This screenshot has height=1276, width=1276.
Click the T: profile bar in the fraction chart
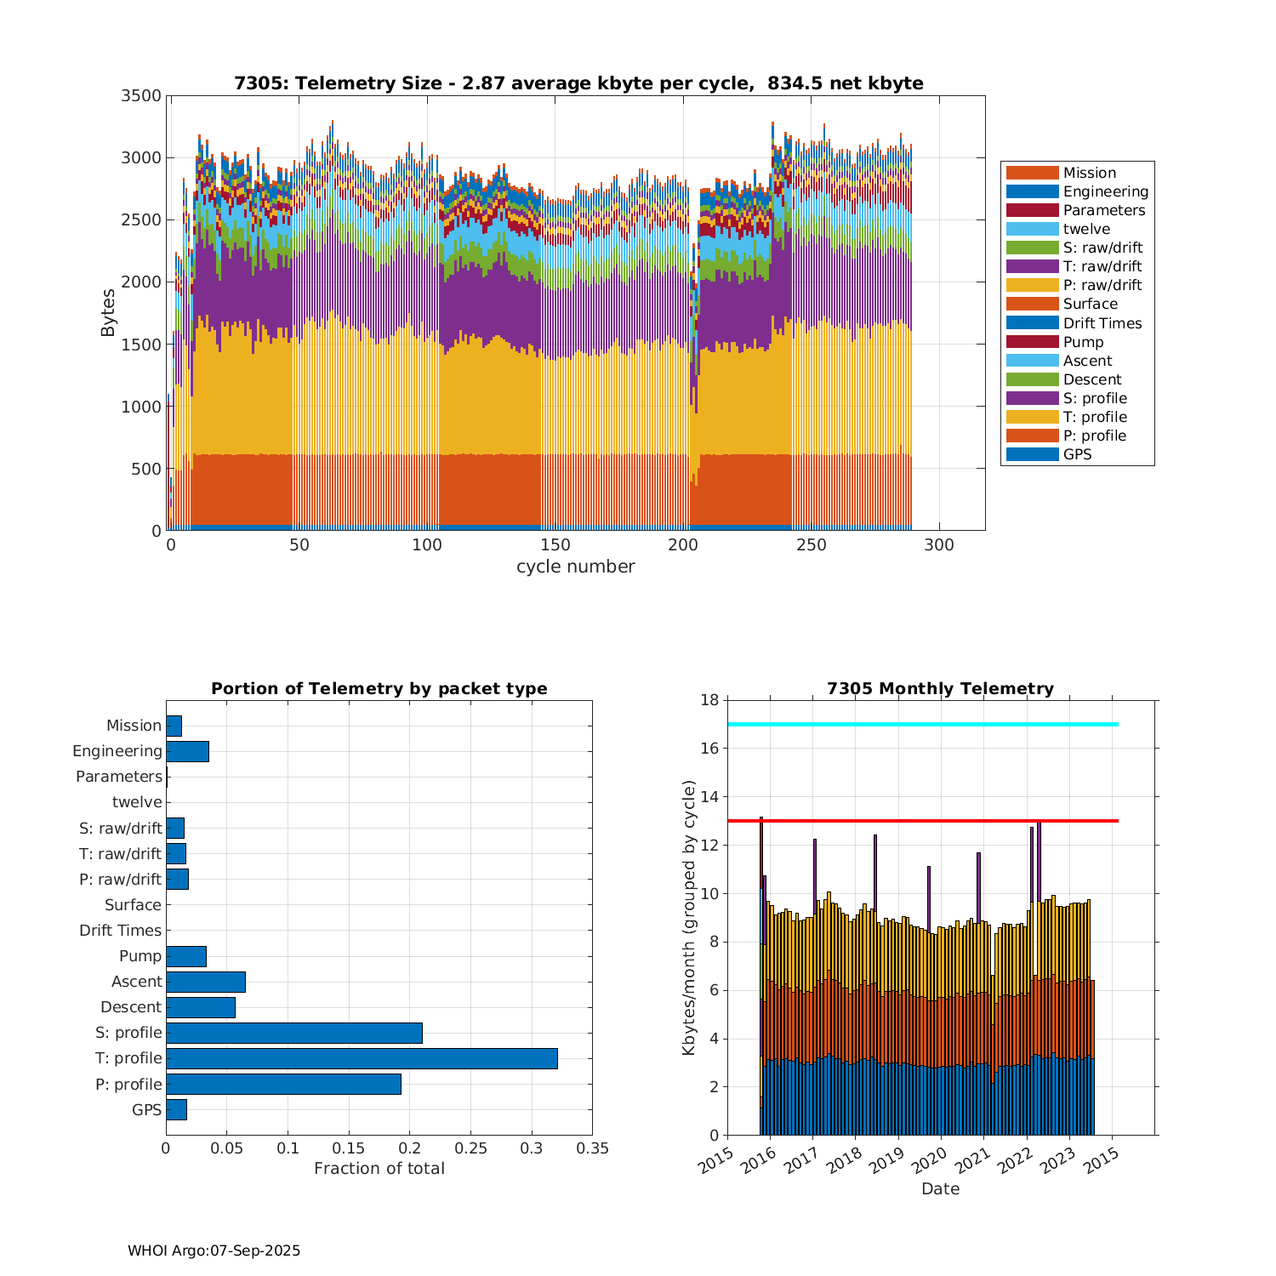coord(362,1058)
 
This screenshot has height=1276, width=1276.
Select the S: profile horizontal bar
coord(294,1033)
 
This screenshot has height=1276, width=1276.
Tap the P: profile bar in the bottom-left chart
coord(283,1084)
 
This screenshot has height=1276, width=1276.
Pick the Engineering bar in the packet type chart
coord(187,751)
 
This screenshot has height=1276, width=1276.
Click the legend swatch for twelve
coord(1032,229)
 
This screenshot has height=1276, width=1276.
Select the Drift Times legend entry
coord(1102,323)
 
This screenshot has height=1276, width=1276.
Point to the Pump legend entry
coord(1083,342)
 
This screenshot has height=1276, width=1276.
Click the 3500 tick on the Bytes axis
coord(141,95)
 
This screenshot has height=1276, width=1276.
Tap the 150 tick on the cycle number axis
coord(555,544)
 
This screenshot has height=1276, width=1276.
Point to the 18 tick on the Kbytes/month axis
coord(709,700)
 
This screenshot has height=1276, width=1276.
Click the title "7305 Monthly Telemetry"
coord(940,688)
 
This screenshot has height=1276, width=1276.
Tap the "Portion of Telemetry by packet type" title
coord(379,688)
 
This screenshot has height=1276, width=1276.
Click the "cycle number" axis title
coord(576,567)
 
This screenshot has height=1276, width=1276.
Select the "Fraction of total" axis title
coord(379,1168)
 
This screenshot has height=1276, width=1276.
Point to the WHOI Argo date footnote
coord(214,1250)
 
